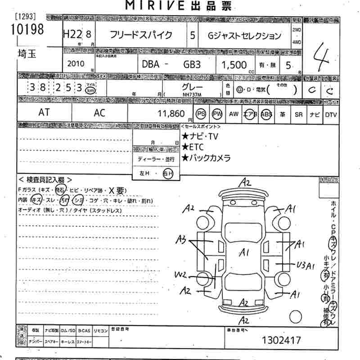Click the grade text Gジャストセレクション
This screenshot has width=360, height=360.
246,36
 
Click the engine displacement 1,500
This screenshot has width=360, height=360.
234,64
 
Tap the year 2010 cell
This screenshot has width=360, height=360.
75,63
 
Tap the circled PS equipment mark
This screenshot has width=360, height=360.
201,114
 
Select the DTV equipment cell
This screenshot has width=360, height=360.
331,114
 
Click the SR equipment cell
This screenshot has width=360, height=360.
298,114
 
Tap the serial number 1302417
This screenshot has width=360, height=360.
282,341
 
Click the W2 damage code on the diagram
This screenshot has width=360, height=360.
180,274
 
